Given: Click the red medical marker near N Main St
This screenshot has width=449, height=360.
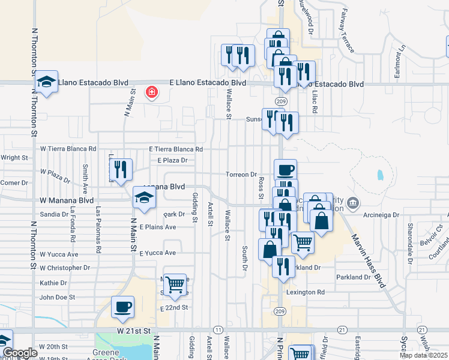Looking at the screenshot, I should pos(151,92).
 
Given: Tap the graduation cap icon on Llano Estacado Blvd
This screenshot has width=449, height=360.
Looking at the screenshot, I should pos(46,82).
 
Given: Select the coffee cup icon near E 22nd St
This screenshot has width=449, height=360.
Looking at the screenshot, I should pos(123,307).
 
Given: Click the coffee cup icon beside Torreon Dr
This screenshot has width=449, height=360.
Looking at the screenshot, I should pos(285,170).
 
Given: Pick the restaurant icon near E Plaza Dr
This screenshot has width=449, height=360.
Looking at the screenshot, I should pos(121,170).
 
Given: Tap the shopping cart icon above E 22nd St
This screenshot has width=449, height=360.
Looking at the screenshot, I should pos(175,284).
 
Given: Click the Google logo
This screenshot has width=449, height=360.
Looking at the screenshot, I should pos(19,353).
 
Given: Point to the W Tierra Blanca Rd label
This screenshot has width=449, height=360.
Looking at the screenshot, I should pos(68,148).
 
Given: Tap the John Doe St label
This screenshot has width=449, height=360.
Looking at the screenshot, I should pos(56,297).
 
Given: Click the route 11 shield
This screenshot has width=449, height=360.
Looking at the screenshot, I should pos(217,330).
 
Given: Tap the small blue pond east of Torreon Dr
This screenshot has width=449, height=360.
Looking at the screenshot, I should pos(380,176).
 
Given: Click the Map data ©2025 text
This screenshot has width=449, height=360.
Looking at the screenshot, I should pos(424,355).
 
